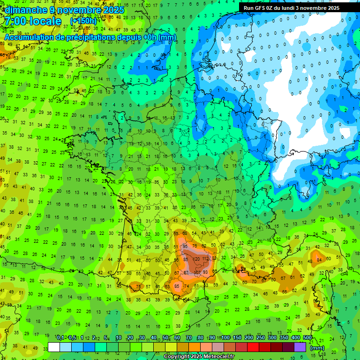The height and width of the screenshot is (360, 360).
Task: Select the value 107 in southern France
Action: click(197, 272)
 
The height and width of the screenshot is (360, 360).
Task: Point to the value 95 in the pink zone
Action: click(186, 246)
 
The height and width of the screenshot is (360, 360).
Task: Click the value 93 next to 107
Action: click(205, 272)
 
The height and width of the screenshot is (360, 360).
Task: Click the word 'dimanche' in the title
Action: click(23, 10)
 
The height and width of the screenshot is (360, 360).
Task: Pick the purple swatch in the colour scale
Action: click(300, 347)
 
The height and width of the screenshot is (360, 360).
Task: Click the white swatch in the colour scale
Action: click(54, 347)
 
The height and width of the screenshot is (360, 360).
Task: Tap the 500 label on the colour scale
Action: click(307, 338)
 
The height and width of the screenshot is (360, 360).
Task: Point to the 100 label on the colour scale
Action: click(225, 338)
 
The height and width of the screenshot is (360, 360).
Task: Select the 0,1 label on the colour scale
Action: click(60, 338)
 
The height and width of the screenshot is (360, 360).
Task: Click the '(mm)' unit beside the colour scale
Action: click(317, 348)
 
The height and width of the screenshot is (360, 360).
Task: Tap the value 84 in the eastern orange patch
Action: click(319, 259)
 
